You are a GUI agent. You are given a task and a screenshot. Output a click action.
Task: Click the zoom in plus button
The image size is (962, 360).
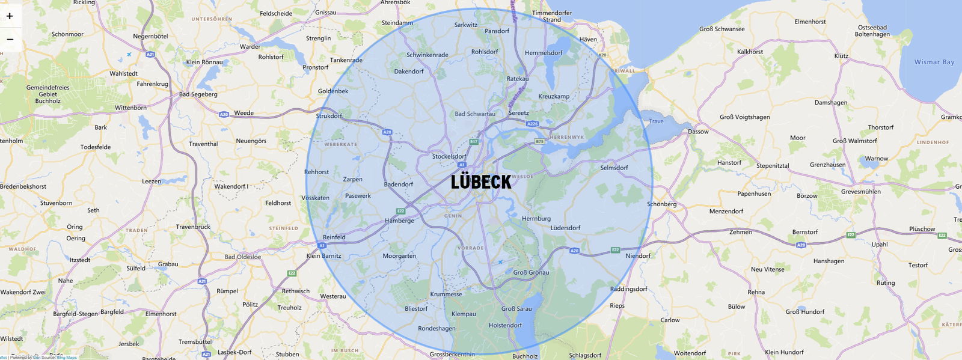point(10,16)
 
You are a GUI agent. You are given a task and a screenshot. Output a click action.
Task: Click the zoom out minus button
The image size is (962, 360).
point(10,39)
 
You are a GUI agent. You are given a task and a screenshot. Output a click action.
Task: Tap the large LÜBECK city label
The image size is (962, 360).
point(481,182)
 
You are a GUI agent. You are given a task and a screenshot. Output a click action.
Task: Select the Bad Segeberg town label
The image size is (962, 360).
point(198,94)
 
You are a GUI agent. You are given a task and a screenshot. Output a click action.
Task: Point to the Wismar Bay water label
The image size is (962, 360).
point(934,62)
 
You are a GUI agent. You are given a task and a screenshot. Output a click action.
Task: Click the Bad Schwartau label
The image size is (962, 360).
point(475,114)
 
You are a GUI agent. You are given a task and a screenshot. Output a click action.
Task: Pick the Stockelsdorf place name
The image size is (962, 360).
point(449,156)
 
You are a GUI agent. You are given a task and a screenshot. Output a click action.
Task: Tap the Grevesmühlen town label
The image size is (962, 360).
point(860,192)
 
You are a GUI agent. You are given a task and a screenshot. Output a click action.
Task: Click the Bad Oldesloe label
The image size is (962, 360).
point(243,257)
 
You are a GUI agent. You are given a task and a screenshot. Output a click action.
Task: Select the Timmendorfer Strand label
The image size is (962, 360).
point(552,16)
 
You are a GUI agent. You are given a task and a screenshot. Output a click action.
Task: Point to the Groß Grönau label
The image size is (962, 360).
point(531,272)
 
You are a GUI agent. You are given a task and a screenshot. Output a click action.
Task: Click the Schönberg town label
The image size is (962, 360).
point(661,204)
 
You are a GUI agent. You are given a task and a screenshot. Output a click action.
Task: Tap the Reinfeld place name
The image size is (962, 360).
point(334,237)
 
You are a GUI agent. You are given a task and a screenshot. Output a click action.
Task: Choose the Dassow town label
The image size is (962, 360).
point(698,132)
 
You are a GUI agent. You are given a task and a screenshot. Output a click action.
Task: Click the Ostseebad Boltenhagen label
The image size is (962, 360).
point(872,31)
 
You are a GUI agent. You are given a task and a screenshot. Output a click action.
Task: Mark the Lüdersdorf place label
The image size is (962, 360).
point(565,228)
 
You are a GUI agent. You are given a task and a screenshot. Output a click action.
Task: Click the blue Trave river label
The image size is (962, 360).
point(656,121)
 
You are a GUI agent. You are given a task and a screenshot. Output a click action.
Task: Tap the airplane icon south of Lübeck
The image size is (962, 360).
point(500,261)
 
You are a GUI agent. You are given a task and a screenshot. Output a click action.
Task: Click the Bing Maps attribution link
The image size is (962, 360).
point(67,358)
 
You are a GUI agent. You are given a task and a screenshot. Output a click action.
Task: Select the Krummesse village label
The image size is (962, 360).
point(446,294)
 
